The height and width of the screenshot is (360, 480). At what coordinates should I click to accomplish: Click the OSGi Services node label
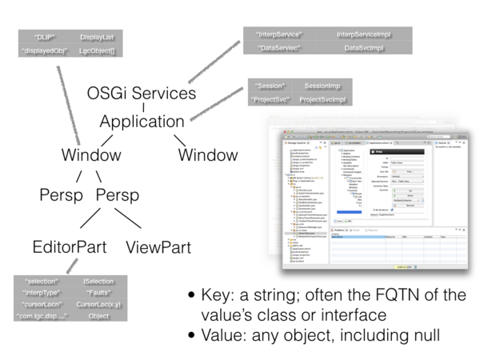(141, 93)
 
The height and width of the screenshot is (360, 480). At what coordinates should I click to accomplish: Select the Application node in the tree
(142, 122)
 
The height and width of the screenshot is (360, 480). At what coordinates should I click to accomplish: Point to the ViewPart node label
(158, 247)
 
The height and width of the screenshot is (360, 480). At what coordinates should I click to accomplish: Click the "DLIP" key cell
(45, 37)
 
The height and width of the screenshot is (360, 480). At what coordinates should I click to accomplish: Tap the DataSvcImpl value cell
(362, 49)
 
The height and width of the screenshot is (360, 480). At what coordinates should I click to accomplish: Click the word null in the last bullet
(422, 333)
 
